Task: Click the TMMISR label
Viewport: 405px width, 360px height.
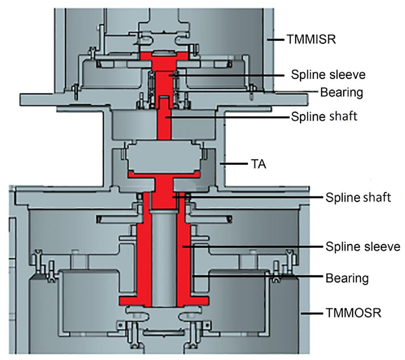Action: point(311,39)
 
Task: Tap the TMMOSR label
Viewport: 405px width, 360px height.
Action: point(354,313)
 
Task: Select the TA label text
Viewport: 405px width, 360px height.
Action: point(259,164)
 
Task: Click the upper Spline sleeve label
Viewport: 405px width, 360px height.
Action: point(328,75)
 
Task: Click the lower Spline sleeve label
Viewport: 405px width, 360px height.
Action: point(363,247)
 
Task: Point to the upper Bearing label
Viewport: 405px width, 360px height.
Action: point(342,93)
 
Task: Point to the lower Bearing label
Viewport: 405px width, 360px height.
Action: point(347,278)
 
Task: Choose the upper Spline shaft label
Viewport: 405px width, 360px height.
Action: point(324,116)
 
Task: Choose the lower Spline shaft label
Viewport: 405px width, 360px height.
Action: point(358,198)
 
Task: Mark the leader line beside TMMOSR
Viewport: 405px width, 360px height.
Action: point(312,313)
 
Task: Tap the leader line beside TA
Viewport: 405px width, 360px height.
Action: point(234,164)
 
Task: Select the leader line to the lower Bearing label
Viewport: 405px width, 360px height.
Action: point(258,276)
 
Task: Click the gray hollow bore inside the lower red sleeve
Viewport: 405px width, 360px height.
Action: point(164,258)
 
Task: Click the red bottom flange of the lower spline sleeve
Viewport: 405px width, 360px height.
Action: point(164,300)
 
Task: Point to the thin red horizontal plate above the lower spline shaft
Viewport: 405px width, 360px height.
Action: point(164,175)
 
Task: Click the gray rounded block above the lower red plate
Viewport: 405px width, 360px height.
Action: point(164,157)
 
